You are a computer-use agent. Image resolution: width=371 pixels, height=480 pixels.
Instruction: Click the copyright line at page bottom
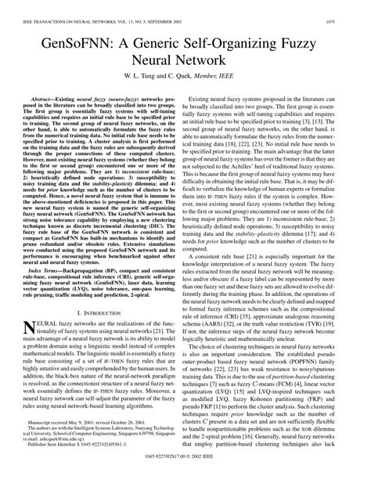(x=185, y=475)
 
